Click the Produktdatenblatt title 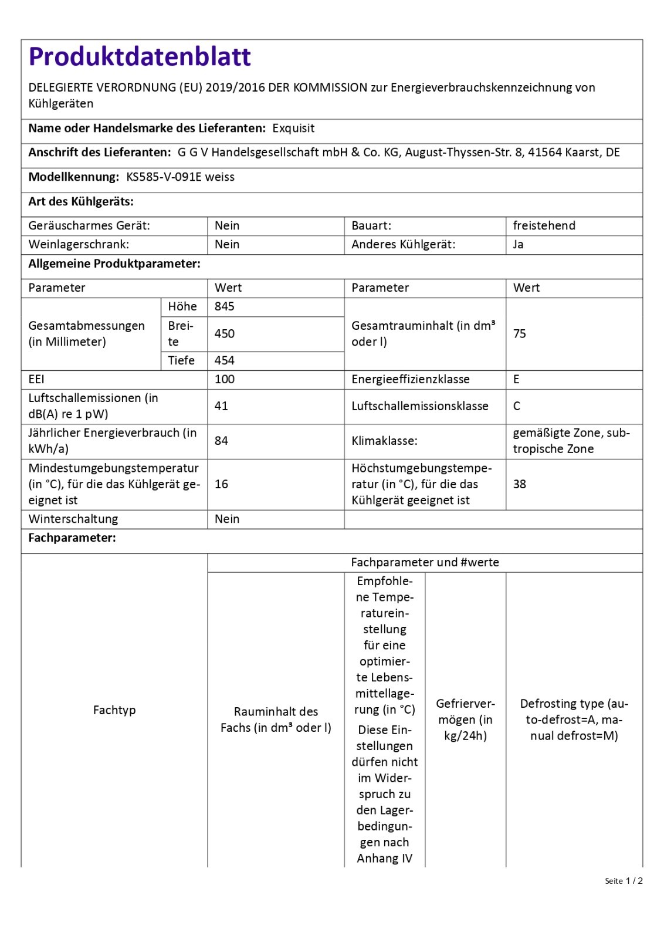[140, 57]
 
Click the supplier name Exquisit [293, 129]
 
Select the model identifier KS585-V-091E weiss [180, 177]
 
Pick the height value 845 [225, 306]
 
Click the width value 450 [225, 333]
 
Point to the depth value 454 [225, 360]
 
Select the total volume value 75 [520, 333]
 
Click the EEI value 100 [225, 379]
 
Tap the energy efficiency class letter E [516, 379]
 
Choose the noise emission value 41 [221, 406]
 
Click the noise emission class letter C [517, 406]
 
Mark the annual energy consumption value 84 [221, 441]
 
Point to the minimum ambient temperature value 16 [221, 484]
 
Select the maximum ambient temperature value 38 [520, 484]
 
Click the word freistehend [544, 226]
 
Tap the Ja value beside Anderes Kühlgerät [518, 245]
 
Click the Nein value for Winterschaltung [227, 519]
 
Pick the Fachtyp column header [114, 710]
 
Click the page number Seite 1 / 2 [624, 881]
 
